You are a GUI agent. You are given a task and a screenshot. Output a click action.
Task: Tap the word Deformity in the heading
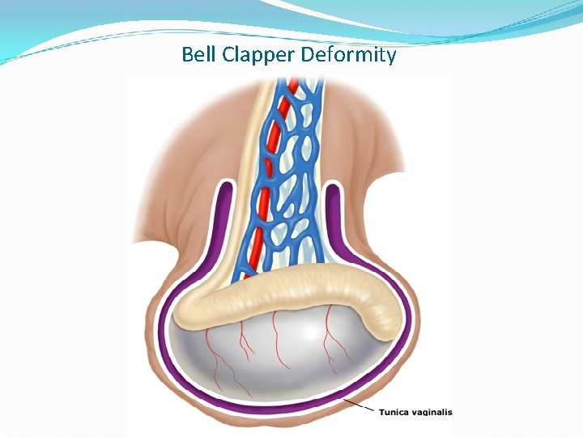click(x=348, y=56)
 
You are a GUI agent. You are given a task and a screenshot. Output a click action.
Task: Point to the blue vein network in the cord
click(x=296, y=162)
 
